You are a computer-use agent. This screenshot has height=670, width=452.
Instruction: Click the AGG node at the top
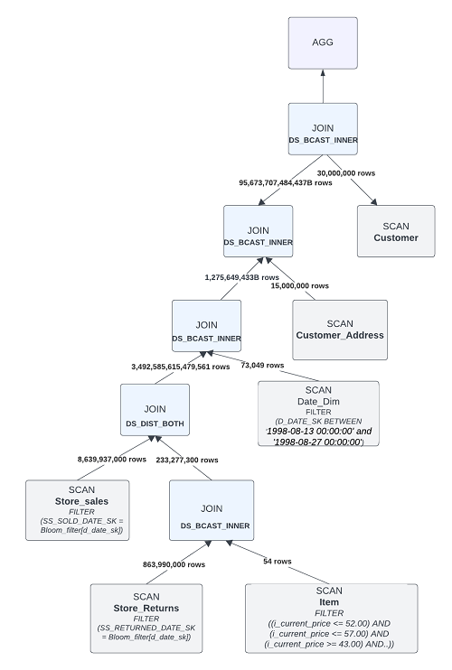point(323,43)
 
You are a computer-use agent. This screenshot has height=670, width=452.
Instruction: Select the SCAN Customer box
point(395,232)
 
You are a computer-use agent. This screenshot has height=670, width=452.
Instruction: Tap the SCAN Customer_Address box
point(340,329)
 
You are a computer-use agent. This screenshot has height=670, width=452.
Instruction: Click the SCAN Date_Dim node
point(318,414)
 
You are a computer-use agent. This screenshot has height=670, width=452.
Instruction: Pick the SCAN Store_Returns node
point(146,619)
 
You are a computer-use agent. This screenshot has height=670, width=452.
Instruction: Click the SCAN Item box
point(331,619)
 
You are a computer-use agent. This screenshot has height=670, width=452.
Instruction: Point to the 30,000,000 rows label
point(345,172)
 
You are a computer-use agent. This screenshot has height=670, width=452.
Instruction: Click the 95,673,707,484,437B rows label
point(286,182)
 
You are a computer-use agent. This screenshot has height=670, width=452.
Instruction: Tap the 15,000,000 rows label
point(300,285)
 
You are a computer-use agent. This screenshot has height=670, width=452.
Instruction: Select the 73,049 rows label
point(262,366)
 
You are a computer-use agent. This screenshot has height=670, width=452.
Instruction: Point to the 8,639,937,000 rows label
point(112,459)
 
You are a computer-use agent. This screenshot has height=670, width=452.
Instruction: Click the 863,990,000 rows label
point(174,564)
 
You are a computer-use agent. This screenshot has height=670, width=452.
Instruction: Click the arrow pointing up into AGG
point(323,87)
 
